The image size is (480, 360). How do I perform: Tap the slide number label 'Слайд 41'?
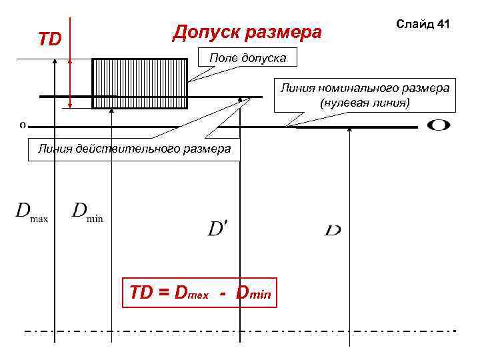423,24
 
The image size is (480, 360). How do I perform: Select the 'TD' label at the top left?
49,39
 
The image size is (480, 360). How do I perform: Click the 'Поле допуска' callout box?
247,59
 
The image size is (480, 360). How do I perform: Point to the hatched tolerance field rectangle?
139,83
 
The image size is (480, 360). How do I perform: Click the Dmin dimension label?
87,211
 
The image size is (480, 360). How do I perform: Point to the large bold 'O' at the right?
437,125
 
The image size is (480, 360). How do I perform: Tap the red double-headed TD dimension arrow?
69,73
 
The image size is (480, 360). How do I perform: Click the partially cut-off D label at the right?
333,230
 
